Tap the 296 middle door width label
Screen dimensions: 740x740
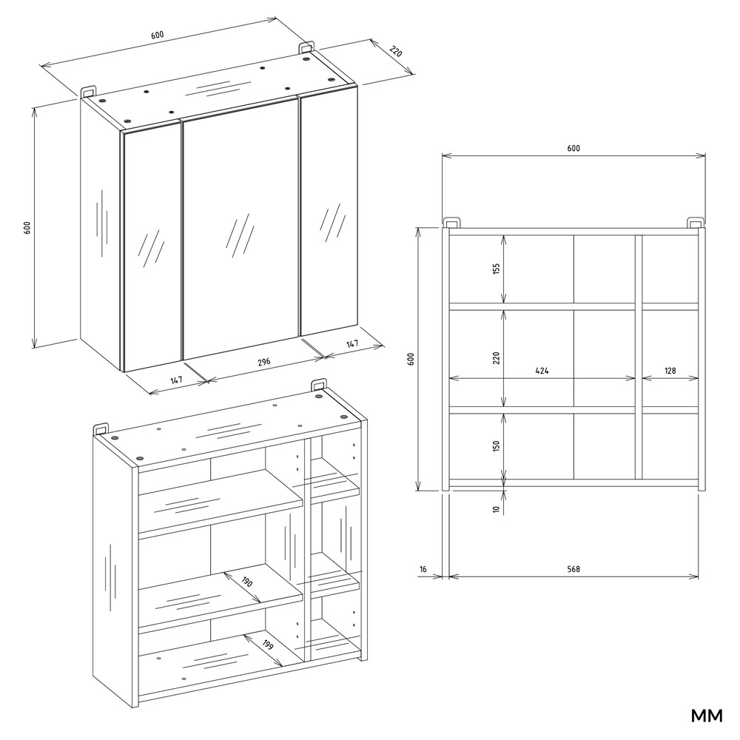click(264, 362)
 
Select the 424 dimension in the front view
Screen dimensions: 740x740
click(542, 371)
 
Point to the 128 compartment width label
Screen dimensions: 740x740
click(670, 371)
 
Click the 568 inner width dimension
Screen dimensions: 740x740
click(573, 569)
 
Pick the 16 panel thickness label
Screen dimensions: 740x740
click(423, 569)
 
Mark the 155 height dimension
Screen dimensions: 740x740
click(496, 269)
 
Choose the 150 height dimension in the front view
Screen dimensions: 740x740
click(496, 445)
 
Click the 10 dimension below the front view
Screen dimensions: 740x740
click(496, 509)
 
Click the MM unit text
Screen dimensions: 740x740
click(707, 716)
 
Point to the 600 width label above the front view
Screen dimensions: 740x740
click(573, 148)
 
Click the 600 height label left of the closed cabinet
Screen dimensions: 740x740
click(28, 227)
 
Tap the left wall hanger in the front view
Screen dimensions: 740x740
click(451, 223)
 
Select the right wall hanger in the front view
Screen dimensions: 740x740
click(695, 223)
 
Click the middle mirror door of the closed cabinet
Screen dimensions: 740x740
click(240, 229)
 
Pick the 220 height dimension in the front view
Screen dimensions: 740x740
click(496, 358)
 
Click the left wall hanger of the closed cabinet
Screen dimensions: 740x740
click(88, 92)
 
